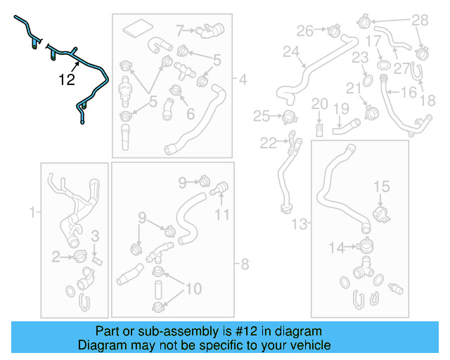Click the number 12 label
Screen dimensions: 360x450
tap(67, 79)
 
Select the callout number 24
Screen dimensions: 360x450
tap(291, 51)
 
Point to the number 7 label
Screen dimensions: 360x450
tap(180, 30)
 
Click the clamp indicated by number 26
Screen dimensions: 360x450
tap(334, 30)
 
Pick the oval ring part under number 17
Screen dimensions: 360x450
tap(384, 65)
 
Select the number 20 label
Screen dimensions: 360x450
tap(319, 104)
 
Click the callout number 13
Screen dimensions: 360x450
tap(300, 224)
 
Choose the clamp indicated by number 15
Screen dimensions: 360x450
tap(380, 210)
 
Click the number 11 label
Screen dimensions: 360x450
tap(222, 214)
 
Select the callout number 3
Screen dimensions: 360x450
tap(96, 236)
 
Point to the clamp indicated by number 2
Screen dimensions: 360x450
tap(78, 257)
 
